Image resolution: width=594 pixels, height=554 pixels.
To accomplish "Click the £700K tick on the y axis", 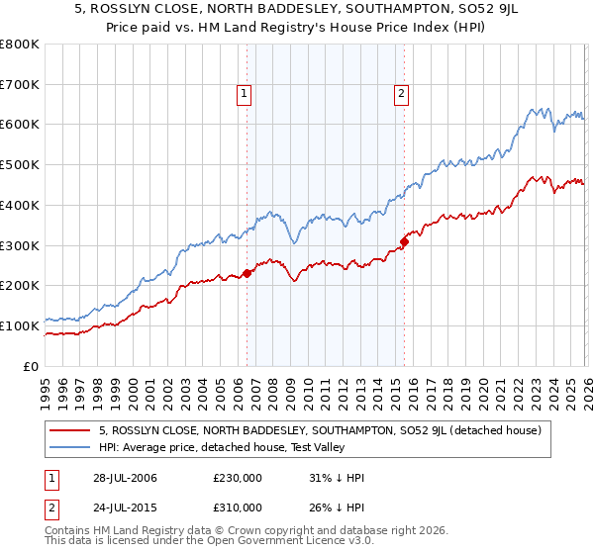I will point(20,85).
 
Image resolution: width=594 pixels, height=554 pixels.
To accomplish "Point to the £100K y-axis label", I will point(20,325).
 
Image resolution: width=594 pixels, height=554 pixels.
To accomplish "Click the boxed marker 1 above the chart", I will point(244,95).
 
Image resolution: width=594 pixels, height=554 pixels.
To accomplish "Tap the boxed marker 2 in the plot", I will point(401,95).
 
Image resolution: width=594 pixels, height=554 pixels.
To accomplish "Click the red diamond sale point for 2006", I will point(247,274).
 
